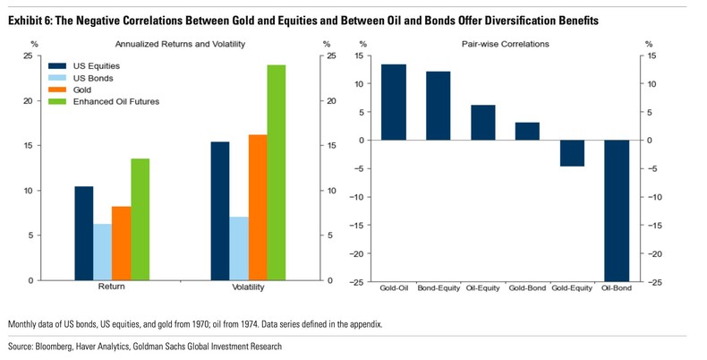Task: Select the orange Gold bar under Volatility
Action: coord(257,207)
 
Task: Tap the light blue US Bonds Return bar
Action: coord(102,252)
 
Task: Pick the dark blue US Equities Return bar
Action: coord(83,233)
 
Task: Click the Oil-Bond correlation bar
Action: coord(617,210)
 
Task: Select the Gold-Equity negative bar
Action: coord(572,153)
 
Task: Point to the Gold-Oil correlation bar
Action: coord(394,102)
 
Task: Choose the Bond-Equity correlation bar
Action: coord(439,106)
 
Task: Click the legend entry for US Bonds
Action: coord(92,78)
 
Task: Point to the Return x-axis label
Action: coord(111,287)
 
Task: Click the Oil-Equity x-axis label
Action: coord(482,288)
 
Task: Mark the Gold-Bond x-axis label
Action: coord(527,288)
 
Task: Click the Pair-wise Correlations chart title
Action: coord(505,43)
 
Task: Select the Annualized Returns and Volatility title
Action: coord(183,43)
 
